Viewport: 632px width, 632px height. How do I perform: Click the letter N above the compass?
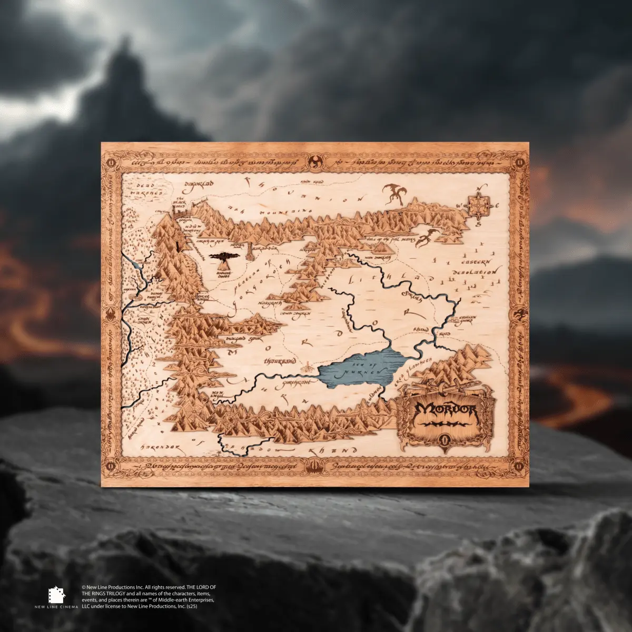(x=479, y=188)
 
